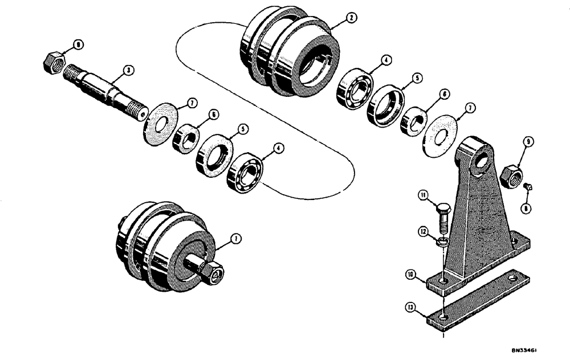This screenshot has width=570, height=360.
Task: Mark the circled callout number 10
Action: coord(410,275)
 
